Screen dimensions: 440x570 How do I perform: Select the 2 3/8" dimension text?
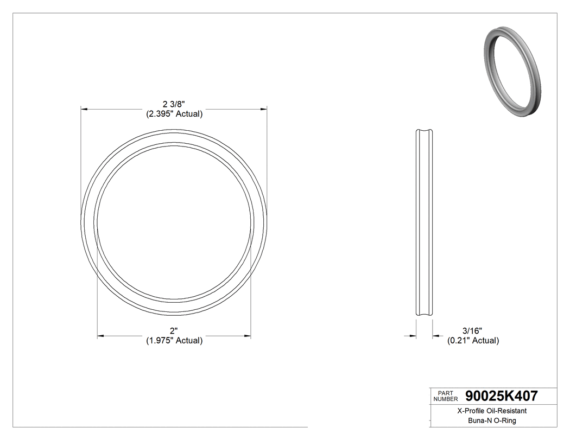tap(174, 104)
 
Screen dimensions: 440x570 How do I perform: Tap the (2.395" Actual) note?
tap(174, 114)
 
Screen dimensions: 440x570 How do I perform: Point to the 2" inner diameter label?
tap(174, 330)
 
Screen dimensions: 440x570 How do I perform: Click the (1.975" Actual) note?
tap(174, 341)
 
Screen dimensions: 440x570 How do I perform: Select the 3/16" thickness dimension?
tap(472, 330)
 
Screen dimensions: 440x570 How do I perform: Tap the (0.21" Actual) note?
tap(473, 341)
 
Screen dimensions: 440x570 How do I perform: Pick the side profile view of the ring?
tap(424, 222)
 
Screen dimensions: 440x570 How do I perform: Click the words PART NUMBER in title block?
tap(445, 396)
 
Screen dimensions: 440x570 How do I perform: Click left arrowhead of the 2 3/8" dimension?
tap(85, 110)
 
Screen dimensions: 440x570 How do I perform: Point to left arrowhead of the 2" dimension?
tap(100, 336)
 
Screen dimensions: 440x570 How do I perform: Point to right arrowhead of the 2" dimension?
tap(248, 336)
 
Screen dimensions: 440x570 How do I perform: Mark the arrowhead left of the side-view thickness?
tap(413, 336)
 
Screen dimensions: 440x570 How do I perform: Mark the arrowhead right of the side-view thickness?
tap(436, 336)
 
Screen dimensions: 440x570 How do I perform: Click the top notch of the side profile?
tap(424, 131)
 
